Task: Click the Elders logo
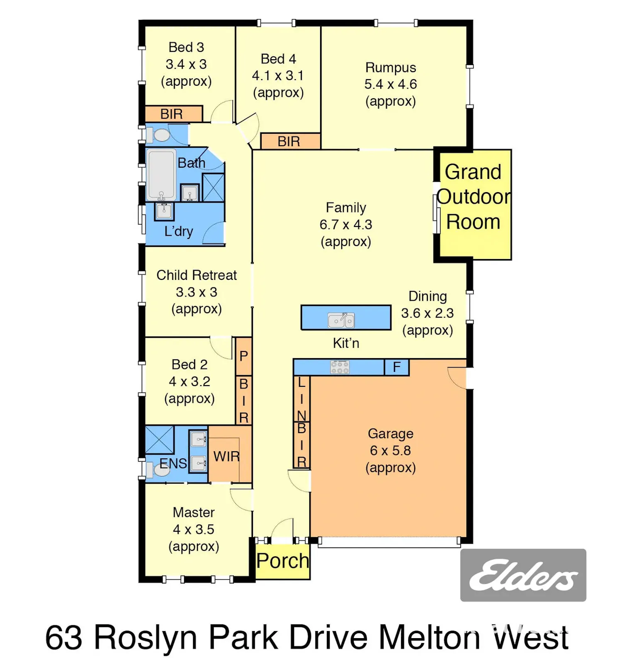(523, 575)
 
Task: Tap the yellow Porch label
(282, 561)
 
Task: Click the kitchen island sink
(341, 320)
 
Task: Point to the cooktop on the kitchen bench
(340, 367)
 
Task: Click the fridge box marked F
(397, 367)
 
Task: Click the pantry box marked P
(244, 357)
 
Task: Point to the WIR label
(226, 457)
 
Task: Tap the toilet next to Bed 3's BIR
(158, 135)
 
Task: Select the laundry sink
(164, 211)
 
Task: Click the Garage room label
(391, 434)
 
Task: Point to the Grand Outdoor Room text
(474, 197)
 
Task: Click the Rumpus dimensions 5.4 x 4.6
(391, 84)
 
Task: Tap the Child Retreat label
(197, 275)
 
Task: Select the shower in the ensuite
(160, 440)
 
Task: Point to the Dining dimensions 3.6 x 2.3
(428, 313)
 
